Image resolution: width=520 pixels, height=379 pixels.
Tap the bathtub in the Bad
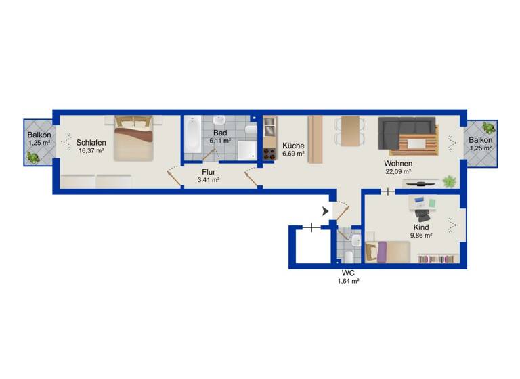(x=192, y=139)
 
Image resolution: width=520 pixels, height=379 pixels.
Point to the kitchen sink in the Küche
(x=269, y=125)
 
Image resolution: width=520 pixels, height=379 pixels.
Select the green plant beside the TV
(x=448, y=181)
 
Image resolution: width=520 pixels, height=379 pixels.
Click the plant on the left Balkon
(x=32, y=157)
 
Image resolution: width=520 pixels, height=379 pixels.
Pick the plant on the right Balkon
(x=487, y=128)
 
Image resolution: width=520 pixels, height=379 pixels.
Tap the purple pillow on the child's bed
(x=381, y=253)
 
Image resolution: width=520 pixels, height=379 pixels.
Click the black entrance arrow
(x=326, y=211)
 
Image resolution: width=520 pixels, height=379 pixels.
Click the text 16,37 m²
(x=90, y=151)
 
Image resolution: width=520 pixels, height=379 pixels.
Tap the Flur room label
(x=208, y=172)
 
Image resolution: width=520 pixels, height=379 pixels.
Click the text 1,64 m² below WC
(x=348, y=281)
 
